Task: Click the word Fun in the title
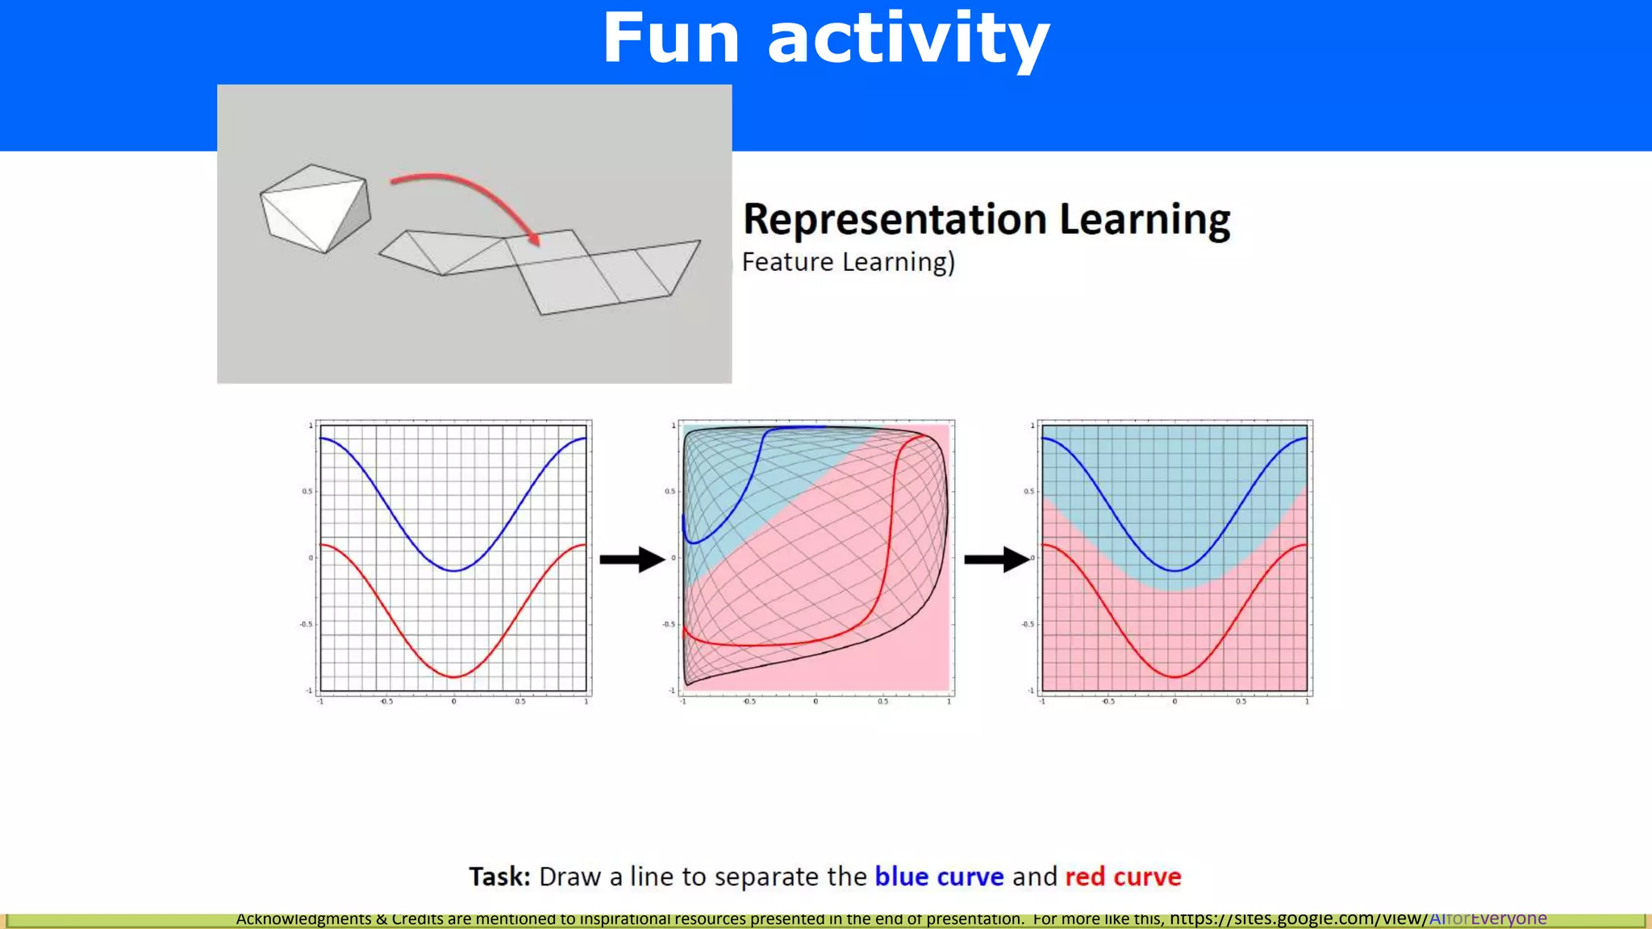pos(670,38)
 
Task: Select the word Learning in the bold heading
pos(1145,219)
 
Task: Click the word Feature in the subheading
pos(787,262)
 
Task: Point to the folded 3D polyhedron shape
pos(315,208)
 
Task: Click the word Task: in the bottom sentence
pos(499,877)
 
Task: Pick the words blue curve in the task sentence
pos(939,877)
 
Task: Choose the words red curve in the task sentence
pos(1122,877)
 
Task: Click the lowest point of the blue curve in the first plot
pos(454,571)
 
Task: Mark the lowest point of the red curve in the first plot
pos(454,677)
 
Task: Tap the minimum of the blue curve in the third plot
pos(1175,571)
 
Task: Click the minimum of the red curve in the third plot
pos(1175,677)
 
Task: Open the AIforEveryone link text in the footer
pos(1487,919)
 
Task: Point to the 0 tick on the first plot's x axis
pos(453,702)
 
